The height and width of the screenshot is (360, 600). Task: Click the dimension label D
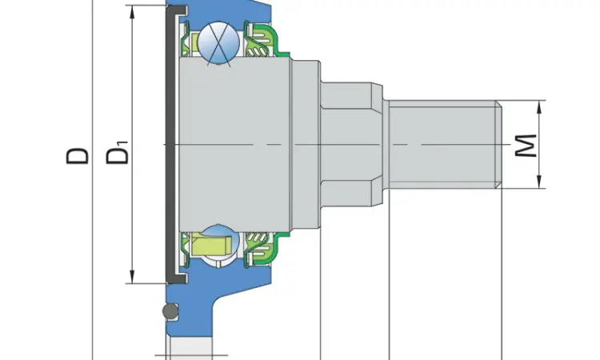78,156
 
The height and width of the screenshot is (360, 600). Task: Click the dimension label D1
118,153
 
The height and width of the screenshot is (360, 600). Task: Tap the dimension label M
526,146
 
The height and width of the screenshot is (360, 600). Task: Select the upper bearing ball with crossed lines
218,42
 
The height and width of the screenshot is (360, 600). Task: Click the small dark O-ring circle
170,311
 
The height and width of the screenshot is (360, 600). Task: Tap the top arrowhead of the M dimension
539,107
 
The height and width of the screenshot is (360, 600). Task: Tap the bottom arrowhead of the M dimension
539,182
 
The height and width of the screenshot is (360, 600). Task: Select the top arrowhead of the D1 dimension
132,13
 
